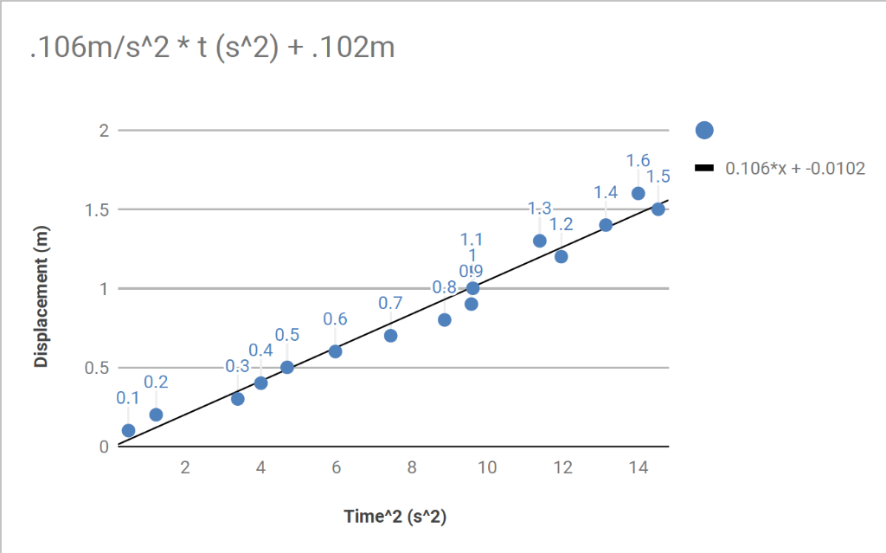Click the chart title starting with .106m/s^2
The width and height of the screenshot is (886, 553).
pyautogui.click(x=212, y=48)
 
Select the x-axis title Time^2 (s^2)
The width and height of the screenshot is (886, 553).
pyautogui.click(x=395, y=517)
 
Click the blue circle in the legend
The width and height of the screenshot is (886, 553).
pyautogui.click(x=704, y=130)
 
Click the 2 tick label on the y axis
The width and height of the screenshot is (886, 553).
pyautogui.click(x=103, y=131)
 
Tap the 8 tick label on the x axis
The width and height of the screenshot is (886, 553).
pyautogui.click(x=412, y=468)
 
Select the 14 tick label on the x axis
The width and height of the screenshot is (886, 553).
pyautogui.click(x=638, y=468)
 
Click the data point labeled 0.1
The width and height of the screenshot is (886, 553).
pyautogui.click(x=128, y=430)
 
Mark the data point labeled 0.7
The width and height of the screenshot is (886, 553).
pyautogui.click(x=390, y=336)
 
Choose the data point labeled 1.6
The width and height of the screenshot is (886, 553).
pyautogui.click(x=639, y=194)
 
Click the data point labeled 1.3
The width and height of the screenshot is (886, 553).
pyautogui.click(x=540, y=241)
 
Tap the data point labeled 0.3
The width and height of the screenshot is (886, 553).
pyautogui.click(x=238, y=399)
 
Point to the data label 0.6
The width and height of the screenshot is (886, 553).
pyautogui.click(x=335, y=319)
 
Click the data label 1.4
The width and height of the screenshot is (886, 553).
pyautogui.click(x=606, y=193)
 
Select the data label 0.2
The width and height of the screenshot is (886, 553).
pyautogui.click(x=156, y=382)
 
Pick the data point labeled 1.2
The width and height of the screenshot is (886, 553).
pyautogui.click(x=561, y=256)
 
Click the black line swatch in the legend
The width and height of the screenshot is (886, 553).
pyautogui.click(x=704, y=168)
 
